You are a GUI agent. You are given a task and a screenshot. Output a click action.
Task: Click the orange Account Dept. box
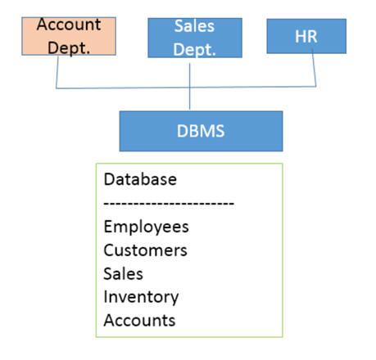(x=69, y=36)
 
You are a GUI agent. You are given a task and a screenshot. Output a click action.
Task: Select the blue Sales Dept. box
(x=195, y=38)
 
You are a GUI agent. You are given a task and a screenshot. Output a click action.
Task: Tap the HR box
(x=306, y=36)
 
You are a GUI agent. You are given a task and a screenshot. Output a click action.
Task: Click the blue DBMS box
(x=201, y=131)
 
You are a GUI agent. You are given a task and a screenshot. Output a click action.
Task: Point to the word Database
(x=140, y=179)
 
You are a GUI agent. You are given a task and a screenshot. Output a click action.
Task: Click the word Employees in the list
(x=146, y=227)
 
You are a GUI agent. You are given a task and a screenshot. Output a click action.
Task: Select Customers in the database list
(x=145, y=250)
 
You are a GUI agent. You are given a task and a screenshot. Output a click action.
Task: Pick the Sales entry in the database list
(x=123, y=273)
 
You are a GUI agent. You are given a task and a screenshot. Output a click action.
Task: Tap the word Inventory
(x=141, y=298)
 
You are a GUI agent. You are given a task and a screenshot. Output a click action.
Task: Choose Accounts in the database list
(x=139, y=320)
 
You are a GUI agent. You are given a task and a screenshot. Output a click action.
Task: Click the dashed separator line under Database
(x=169, y=203)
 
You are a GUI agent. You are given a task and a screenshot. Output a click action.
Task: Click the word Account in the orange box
(x=69, y=25)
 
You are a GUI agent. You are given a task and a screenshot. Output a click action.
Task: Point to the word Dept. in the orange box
(x=69, y=48)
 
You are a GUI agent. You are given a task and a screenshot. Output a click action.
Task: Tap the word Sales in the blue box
(x=194, y=26)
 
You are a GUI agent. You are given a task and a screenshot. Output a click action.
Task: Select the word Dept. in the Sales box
(x=194, y=50)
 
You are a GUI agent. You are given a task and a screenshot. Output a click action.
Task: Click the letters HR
(x=306, y=36)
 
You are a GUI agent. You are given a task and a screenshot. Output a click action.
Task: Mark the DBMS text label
(x=201, y=131)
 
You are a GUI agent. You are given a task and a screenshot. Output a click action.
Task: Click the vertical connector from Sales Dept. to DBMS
(x=189, y=87)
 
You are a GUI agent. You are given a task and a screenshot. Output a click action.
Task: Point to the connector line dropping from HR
(x=315, y=70)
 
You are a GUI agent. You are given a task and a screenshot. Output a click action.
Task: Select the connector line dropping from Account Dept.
(x=57, y=72)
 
